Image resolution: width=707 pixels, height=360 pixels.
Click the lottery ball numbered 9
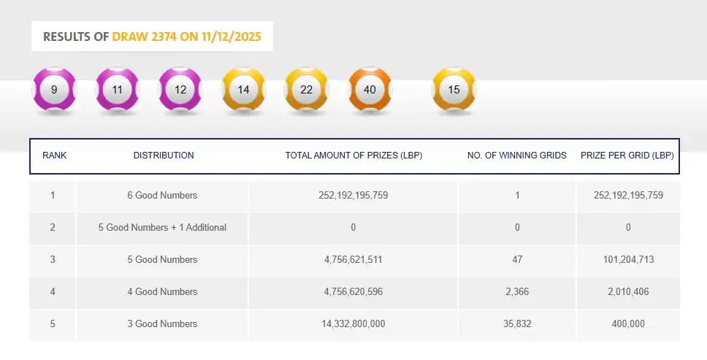pos(55,90)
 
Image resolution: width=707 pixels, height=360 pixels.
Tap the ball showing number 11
pos(118,90)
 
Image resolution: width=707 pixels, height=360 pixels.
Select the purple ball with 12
pos(180,90)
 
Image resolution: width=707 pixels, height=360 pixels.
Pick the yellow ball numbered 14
pos(243,90)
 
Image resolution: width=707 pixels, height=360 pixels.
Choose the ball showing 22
pos(306,90)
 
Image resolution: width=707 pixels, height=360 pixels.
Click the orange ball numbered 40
pos(370,90)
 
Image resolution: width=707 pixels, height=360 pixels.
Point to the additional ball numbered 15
pos(454,90)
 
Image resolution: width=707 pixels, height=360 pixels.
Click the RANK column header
pos(55,156)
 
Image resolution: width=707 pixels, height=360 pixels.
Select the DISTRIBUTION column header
pos(164,156)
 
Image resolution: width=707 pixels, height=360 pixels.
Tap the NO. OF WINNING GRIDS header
pos(517,156)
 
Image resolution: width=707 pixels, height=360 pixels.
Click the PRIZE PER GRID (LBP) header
pos(627,156)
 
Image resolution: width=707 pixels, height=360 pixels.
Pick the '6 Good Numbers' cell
pos(162,196)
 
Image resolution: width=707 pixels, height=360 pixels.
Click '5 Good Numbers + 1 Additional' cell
pos(162,228)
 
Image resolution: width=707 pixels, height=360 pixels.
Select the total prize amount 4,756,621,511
pos(353,260)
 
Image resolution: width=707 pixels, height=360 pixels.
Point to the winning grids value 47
pos(517,260)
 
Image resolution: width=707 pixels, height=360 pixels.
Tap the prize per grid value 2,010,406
pos(629,292)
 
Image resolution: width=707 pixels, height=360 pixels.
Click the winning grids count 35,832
pos(517,324)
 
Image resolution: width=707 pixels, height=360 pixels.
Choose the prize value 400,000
pos(629,324)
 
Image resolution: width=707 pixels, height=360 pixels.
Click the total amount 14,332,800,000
pos(353,324)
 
